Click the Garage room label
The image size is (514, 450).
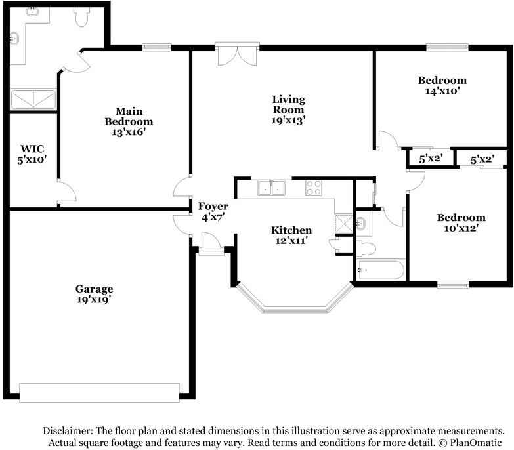click(94, 289)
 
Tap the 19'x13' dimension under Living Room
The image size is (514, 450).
click(289, 121)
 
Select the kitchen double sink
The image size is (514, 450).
click(271, 188)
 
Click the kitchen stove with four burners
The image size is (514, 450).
click(314, 188)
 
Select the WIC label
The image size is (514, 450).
click(32, 148)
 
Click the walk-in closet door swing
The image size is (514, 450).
click(66, 192)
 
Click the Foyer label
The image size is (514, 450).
click(213, 207)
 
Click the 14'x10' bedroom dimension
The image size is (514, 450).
click(442, 91)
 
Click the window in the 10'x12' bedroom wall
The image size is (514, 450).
click(453, 285)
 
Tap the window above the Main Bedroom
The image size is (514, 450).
click(157, 47)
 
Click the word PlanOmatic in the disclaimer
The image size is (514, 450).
click(477, 443)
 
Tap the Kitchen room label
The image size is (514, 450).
click(291, 230)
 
